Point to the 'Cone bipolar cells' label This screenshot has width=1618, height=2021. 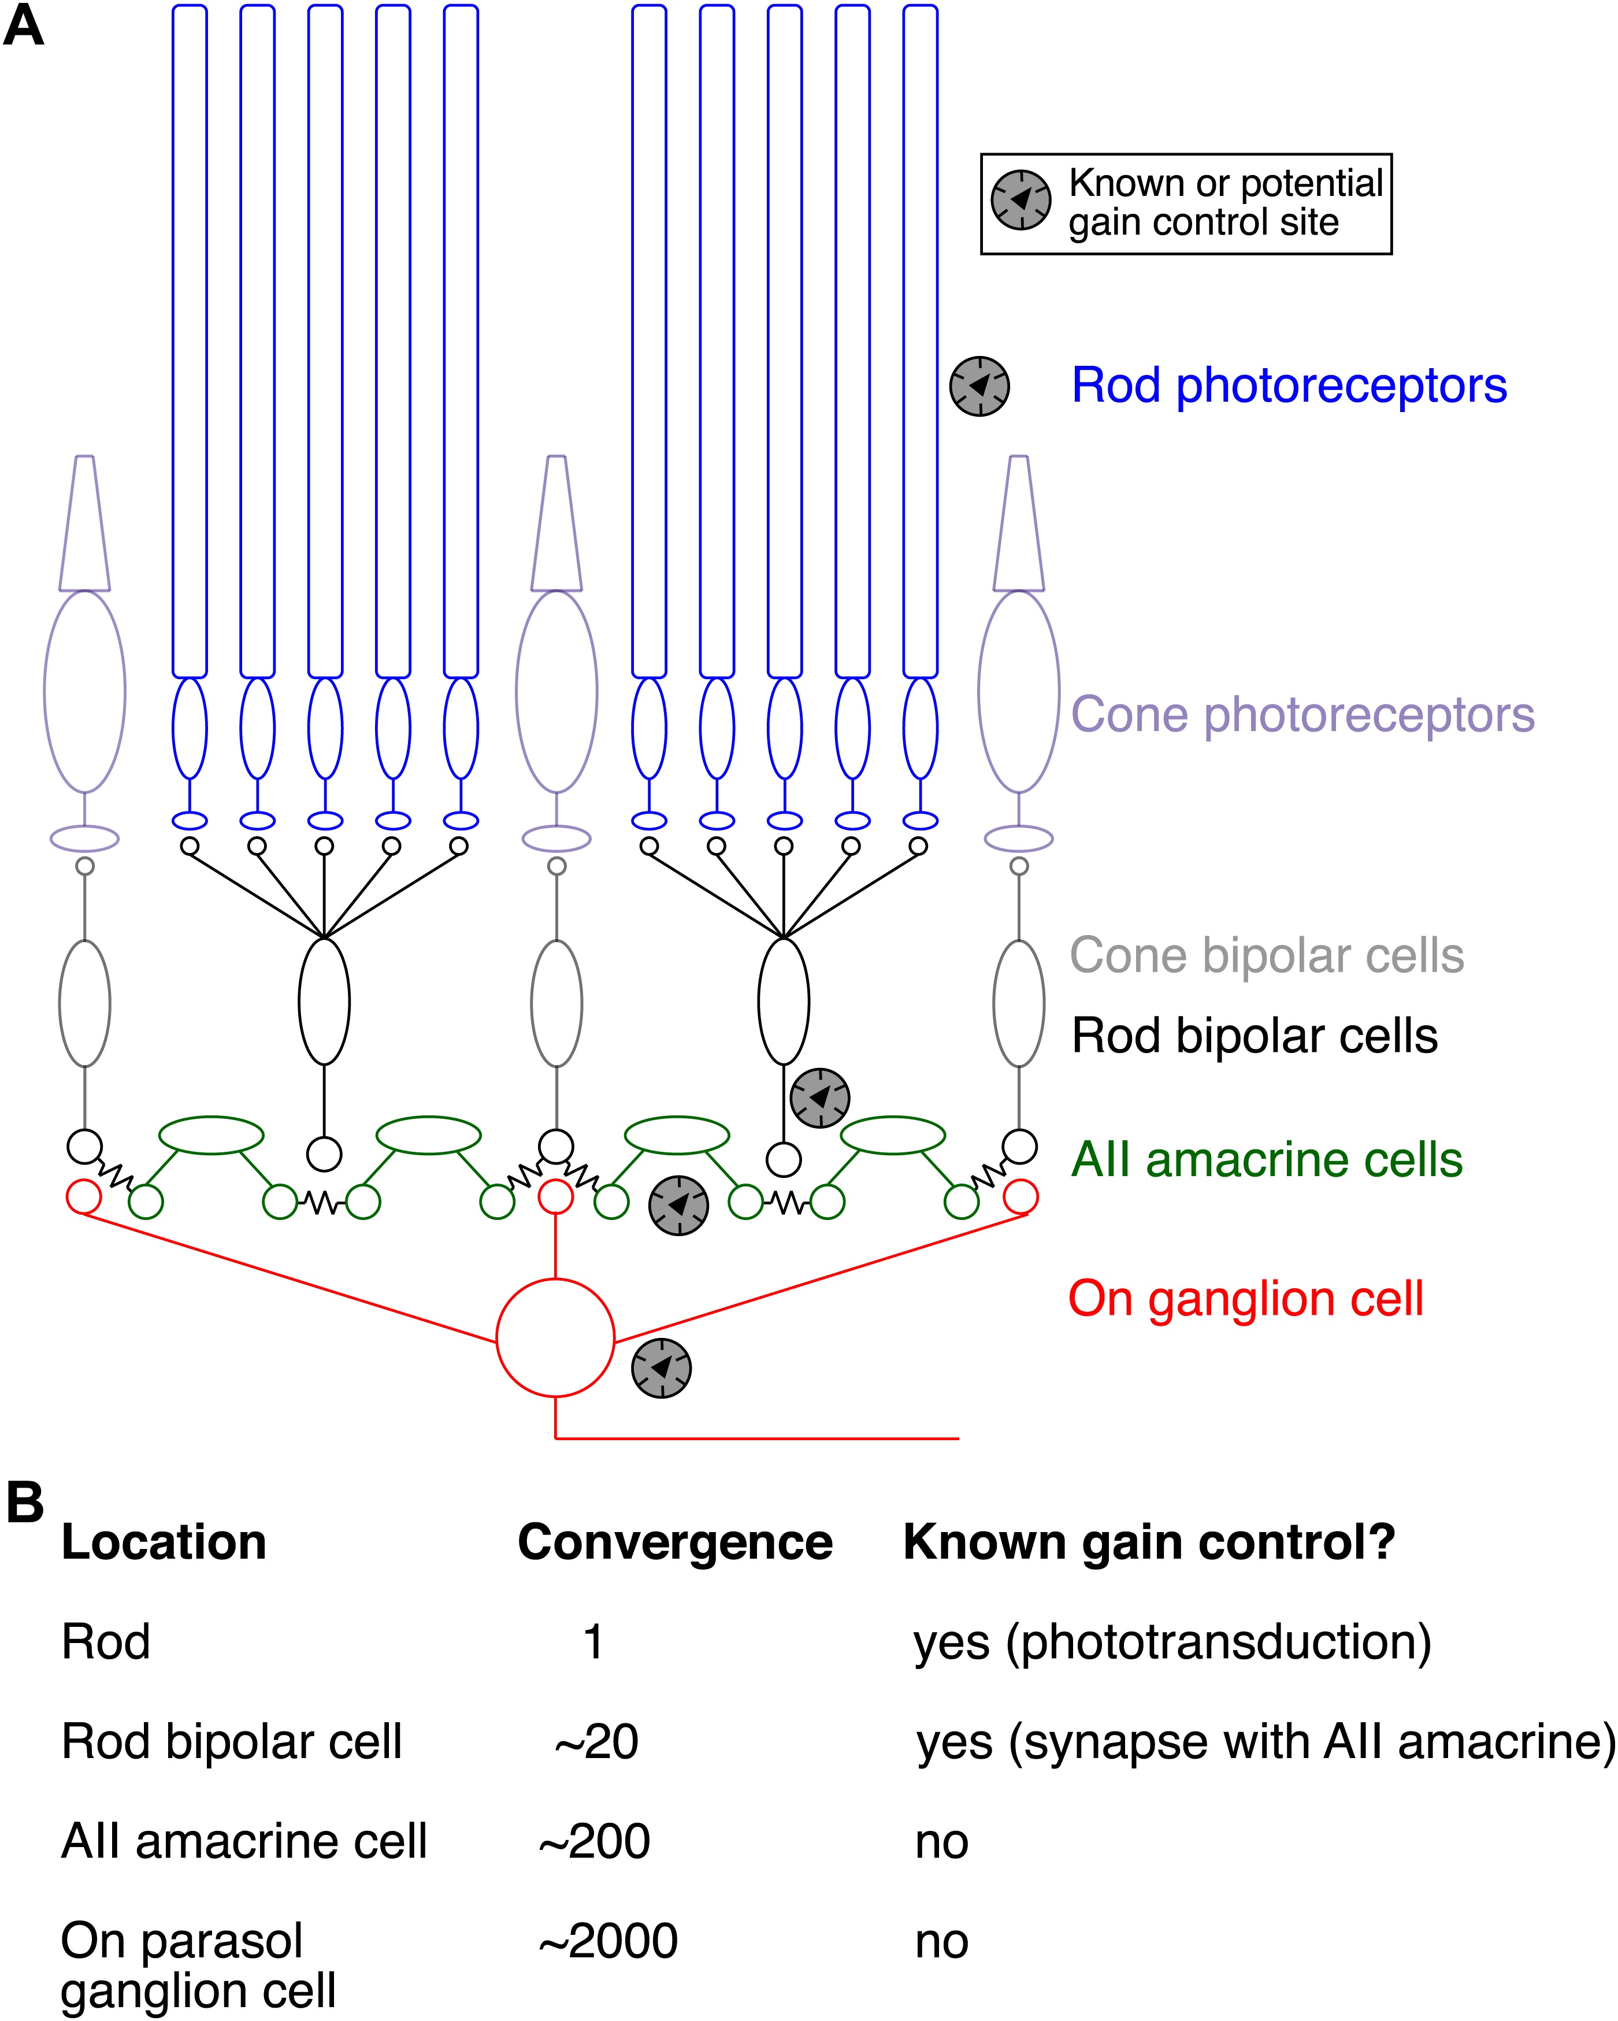click(1267, 956)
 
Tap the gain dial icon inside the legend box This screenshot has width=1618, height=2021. click(1021, 199)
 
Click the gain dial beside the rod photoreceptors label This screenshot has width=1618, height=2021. click(979, 385)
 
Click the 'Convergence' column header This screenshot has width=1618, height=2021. click(675, 1543)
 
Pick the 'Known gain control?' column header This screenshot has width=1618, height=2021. click(1149, 1543)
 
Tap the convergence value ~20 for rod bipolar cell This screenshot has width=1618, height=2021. click(596, 1742)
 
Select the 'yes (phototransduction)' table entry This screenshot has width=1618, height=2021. click(1172, 1642)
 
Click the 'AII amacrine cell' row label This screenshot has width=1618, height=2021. click(244, 1841)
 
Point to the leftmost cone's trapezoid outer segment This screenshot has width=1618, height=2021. click(84, 524)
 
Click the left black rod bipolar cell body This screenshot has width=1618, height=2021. click(324, 1001)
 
